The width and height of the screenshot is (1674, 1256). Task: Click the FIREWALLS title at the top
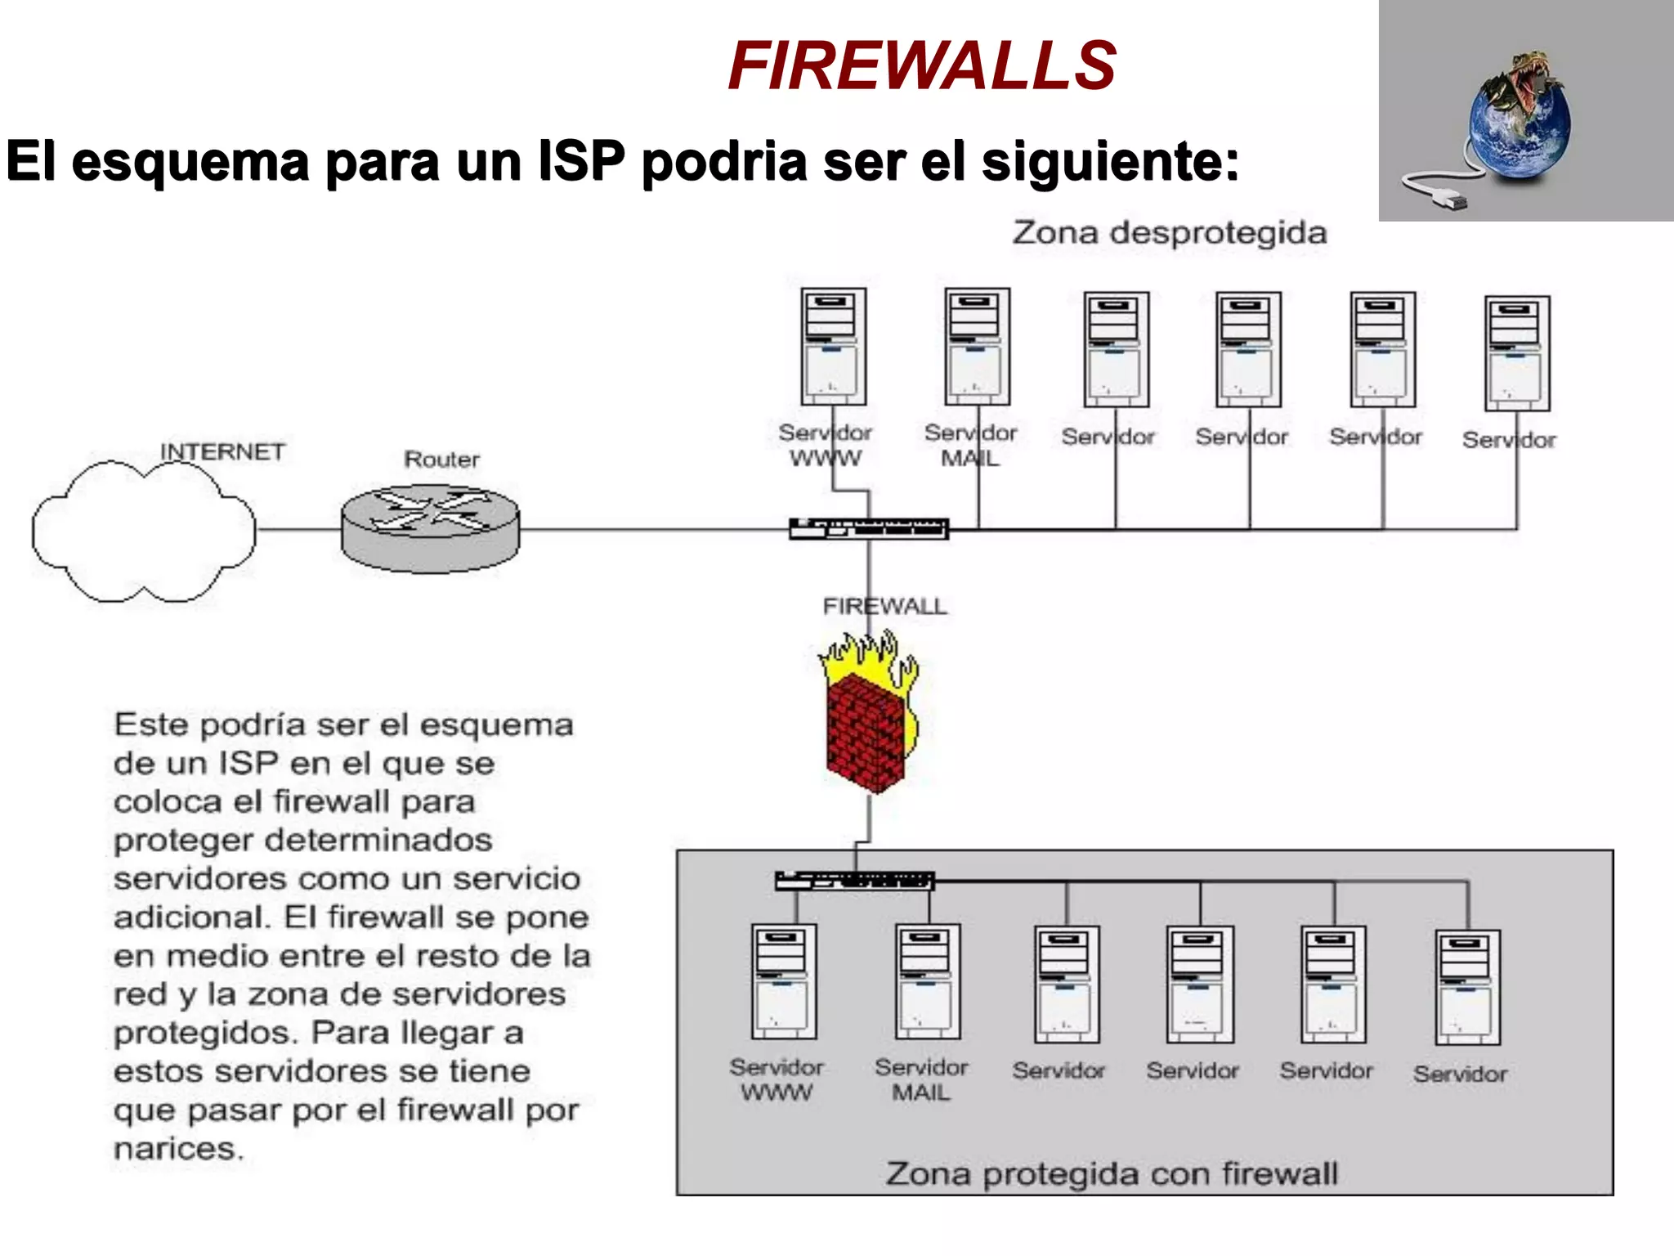tap(921, 65)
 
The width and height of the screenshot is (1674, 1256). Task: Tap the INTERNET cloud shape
tap(143, 532)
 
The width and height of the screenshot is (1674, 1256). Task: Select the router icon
tap(430, 528)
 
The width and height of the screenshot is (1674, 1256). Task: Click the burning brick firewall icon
tap(869, 720)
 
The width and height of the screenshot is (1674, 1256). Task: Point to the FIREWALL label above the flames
tap(884, 606)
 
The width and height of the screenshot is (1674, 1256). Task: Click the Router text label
tap(441, 459)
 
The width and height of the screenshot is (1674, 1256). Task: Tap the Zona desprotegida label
tap(1169, 233)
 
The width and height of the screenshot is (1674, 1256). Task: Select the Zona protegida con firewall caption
tap(1112, 1173)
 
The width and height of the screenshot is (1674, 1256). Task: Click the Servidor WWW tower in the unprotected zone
tap(833, 347)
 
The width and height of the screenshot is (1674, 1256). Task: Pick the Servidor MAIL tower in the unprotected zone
tap(977, 347)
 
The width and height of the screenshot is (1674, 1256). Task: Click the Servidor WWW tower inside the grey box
tap(783, 981)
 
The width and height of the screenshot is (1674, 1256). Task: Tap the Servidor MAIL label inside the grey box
tap(921, 1079)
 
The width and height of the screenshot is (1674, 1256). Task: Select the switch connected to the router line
tap(868, 529)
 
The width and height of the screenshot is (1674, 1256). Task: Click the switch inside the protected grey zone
tap(854, 881)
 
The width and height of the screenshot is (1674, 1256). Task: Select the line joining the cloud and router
tap(298, 530)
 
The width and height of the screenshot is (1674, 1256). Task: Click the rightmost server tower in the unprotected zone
tap(1517, 353)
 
